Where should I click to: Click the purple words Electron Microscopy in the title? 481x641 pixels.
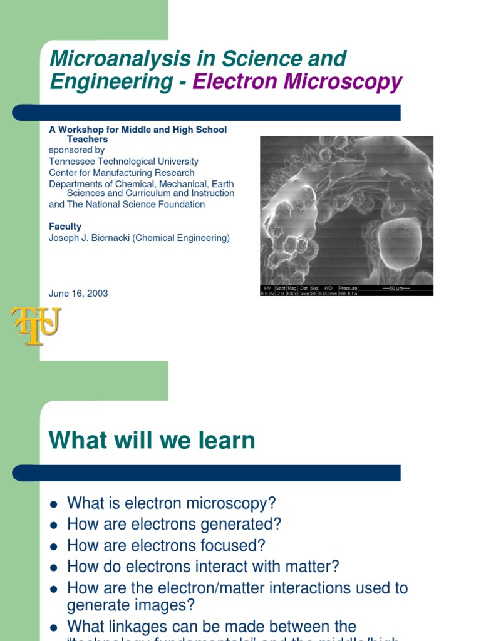pyautogui.click(x=297, y=82)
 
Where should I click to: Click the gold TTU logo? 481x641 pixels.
pyautogui.click(x=36, y=326)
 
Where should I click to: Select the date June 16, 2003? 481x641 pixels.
pyautogui.click(x=78, y=294)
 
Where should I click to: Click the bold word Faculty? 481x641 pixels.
pyautogui.click(x=65, y=227)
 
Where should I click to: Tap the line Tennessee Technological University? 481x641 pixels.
pyautogui.click(x=123, y=162)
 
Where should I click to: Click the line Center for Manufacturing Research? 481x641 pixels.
pyautogui.click(x=122, y=173)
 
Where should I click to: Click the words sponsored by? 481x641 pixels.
pyautogui.click(x=76, y=150)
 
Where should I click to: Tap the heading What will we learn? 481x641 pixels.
pyautogui.click(x=152, y=440)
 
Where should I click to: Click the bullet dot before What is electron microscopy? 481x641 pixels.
pyautogui.click(x=54, y=505)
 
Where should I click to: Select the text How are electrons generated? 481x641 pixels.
pyautogui.click(x=174, y=524)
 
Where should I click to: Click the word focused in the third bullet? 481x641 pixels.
pyautogui.click(x=234, y=545)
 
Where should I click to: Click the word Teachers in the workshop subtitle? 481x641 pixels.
pyautogui.click(x=88, y=140)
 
